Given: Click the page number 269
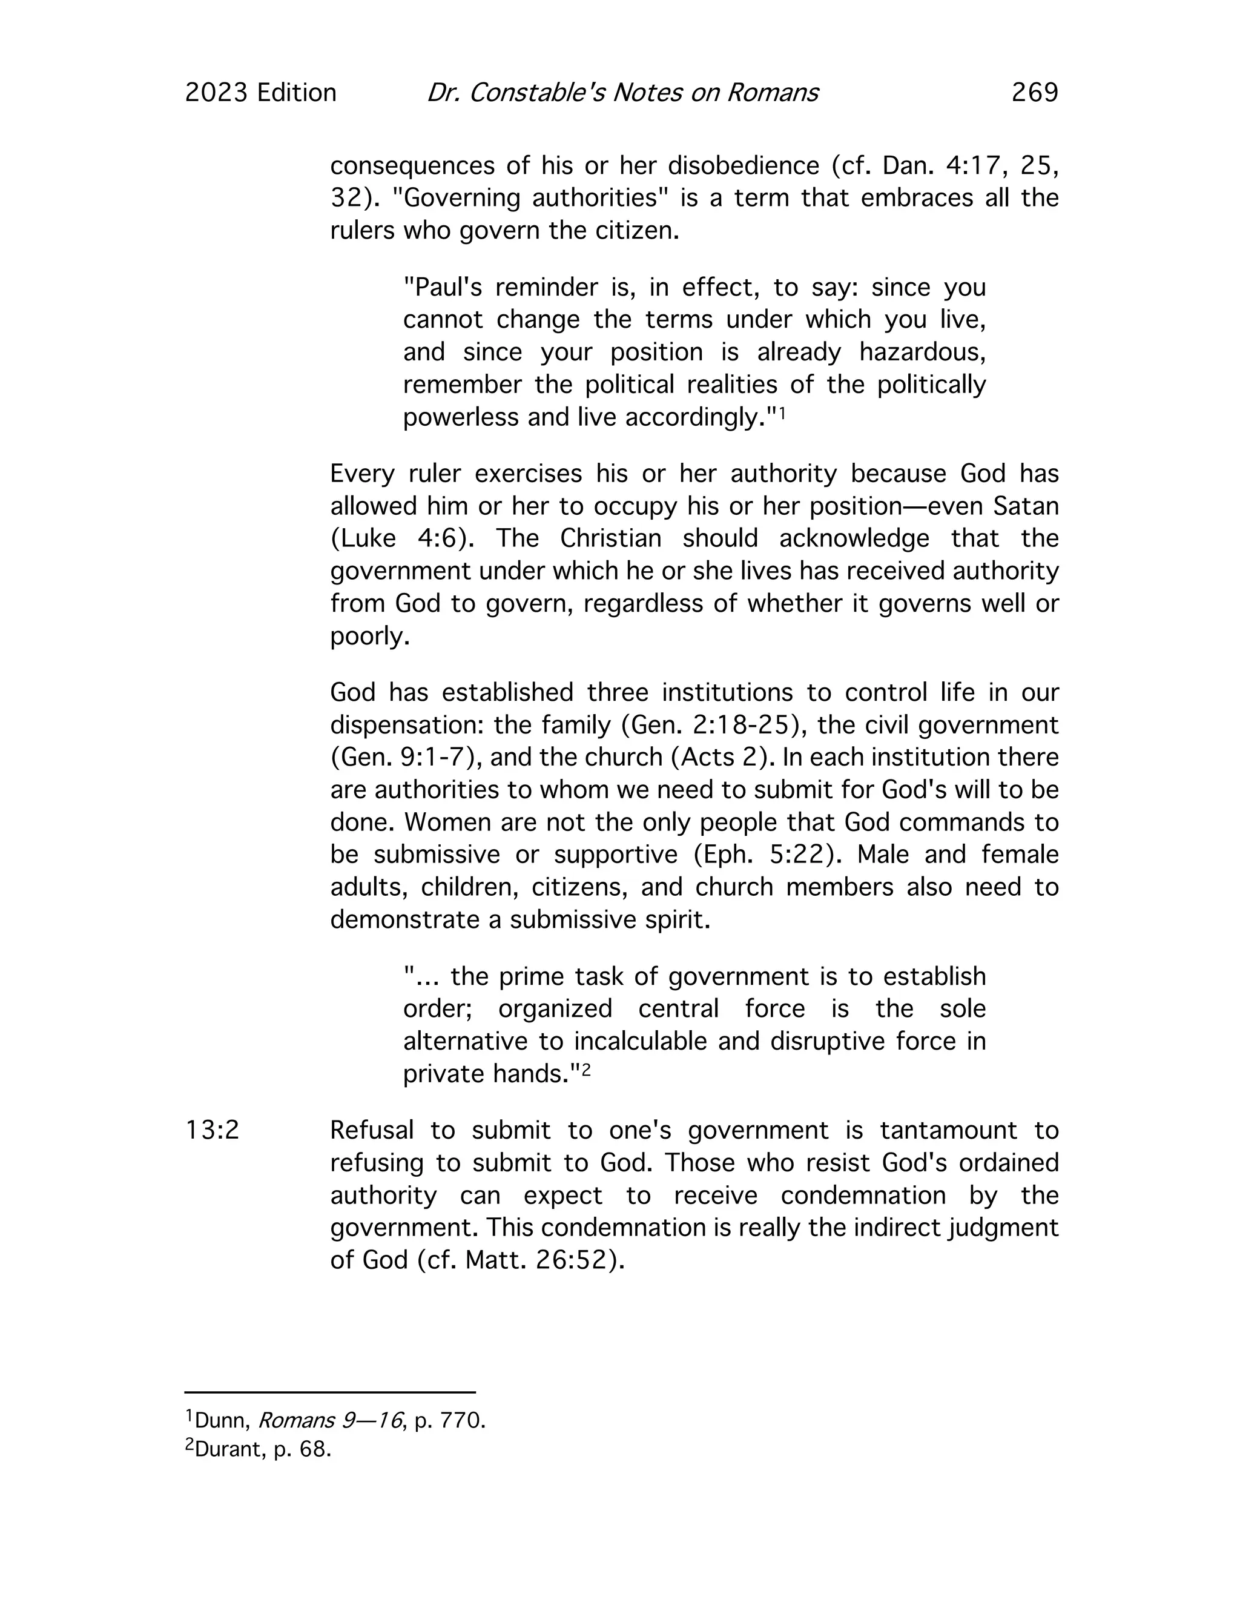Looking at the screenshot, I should click(1034, 93).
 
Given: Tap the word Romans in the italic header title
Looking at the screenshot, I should click(772, 93).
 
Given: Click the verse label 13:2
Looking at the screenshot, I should click(213, 1130).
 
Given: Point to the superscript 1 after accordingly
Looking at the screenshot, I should click(782, 414).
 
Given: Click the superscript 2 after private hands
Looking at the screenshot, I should click(586, 1071).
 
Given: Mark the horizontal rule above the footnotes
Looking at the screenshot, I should click(330, 1392).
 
